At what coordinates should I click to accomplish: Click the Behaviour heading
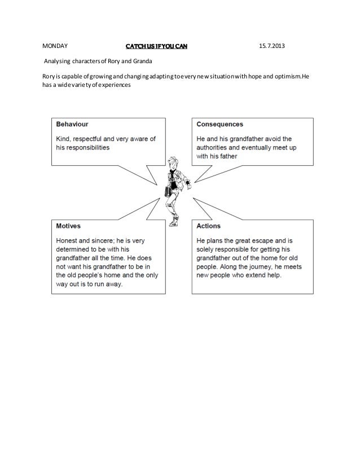pyautogui.click(x=71, y=123)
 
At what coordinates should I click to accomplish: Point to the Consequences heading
pyautogui.click(x=219, y=123)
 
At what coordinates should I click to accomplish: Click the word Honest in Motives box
pyautogui.click(x=68, y=239)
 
